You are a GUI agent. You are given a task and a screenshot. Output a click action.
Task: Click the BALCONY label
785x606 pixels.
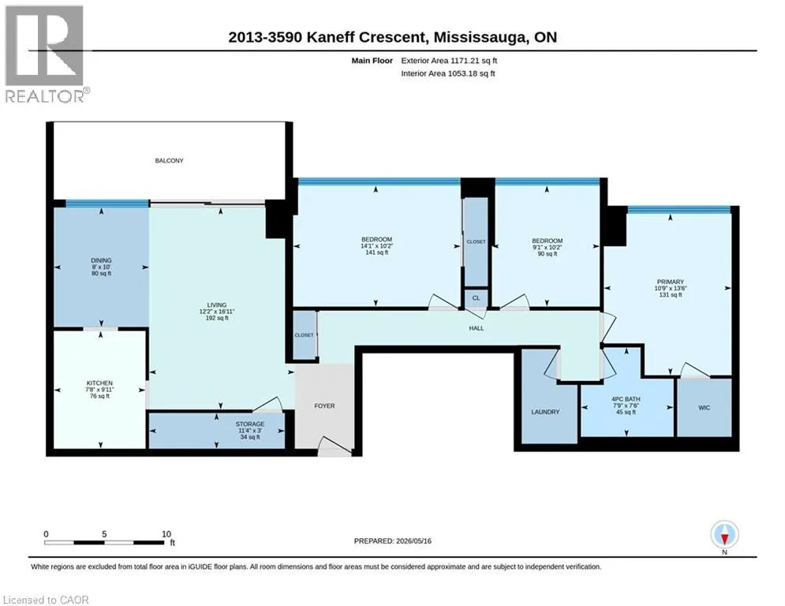(x=169, y=161)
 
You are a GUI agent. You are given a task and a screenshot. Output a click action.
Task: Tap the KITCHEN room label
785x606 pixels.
(x=99, y=383)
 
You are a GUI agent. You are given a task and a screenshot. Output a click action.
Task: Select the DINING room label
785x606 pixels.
(x=101, y=260)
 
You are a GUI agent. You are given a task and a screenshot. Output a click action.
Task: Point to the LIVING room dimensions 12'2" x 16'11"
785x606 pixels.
(x=217, y=312)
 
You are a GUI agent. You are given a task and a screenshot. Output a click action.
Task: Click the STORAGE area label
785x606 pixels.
(x=250, y=425)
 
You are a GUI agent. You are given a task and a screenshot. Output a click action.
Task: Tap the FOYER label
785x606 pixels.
(x=324, y=406)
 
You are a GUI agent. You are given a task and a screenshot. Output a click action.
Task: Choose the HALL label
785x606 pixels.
(x=477, y=328)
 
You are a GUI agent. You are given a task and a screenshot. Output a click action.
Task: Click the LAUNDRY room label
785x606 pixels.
(x=545, y=412)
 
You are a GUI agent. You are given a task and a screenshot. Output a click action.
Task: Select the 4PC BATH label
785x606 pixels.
(x=626, y=399)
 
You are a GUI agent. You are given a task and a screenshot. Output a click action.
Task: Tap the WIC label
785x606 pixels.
(x=704, y=408)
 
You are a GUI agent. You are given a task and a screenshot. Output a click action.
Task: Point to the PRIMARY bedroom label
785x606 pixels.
(x=670, y=282)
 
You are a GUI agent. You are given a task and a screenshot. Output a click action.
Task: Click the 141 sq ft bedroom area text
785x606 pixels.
(x=376, y=252)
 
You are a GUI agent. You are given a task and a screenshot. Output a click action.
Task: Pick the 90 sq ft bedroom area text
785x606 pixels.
(x=548, y=254)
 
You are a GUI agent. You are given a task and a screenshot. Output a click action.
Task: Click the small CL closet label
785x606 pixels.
(x=476, y=298)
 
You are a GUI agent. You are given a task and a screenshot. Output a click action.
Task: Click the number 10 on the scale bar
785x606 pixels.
(x=166, y=534)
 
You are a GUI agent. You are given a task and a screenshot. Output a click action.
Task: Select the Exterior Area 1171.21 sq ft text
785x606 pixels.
(x=449, y=61)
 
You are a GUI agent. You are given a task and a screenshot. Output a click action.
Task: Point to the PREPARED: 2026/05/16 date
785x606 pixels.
(x=393, y=541)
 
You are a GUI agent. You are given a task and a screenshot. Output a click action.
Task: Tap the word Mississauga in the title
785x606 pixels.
(x=480, y=37)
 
